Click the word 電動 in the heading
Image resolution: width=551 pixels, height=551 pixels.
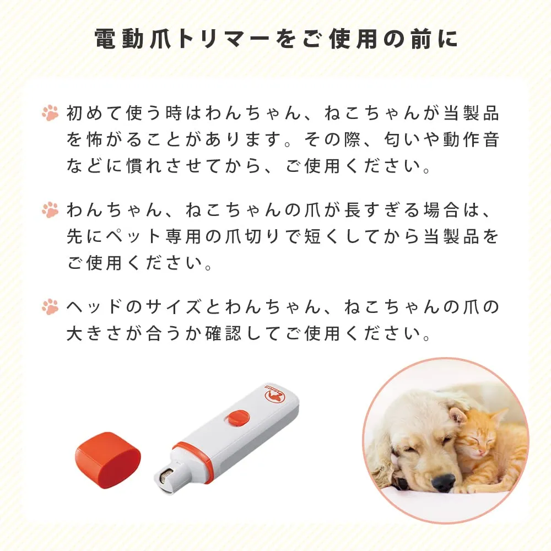pos(119,39)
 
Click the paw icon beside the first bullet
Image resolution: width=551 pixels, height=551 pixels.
pos(50,113)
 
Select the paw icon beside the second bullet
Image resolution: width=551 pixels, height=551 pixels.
pos(50,209)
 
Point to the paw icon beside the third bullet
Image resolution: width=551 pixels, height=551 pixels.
pos(50,306)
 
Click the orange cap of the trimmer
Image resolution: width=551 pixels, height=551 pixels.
pos(108,460)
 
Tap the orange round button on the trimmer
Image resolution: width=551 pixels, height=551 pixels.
pos(237,419)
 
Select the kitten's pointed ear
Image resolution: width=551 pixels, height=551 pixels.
pos(499,418)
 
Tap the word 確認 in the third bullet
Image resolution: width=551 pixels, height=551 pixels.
pos(224,333)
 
